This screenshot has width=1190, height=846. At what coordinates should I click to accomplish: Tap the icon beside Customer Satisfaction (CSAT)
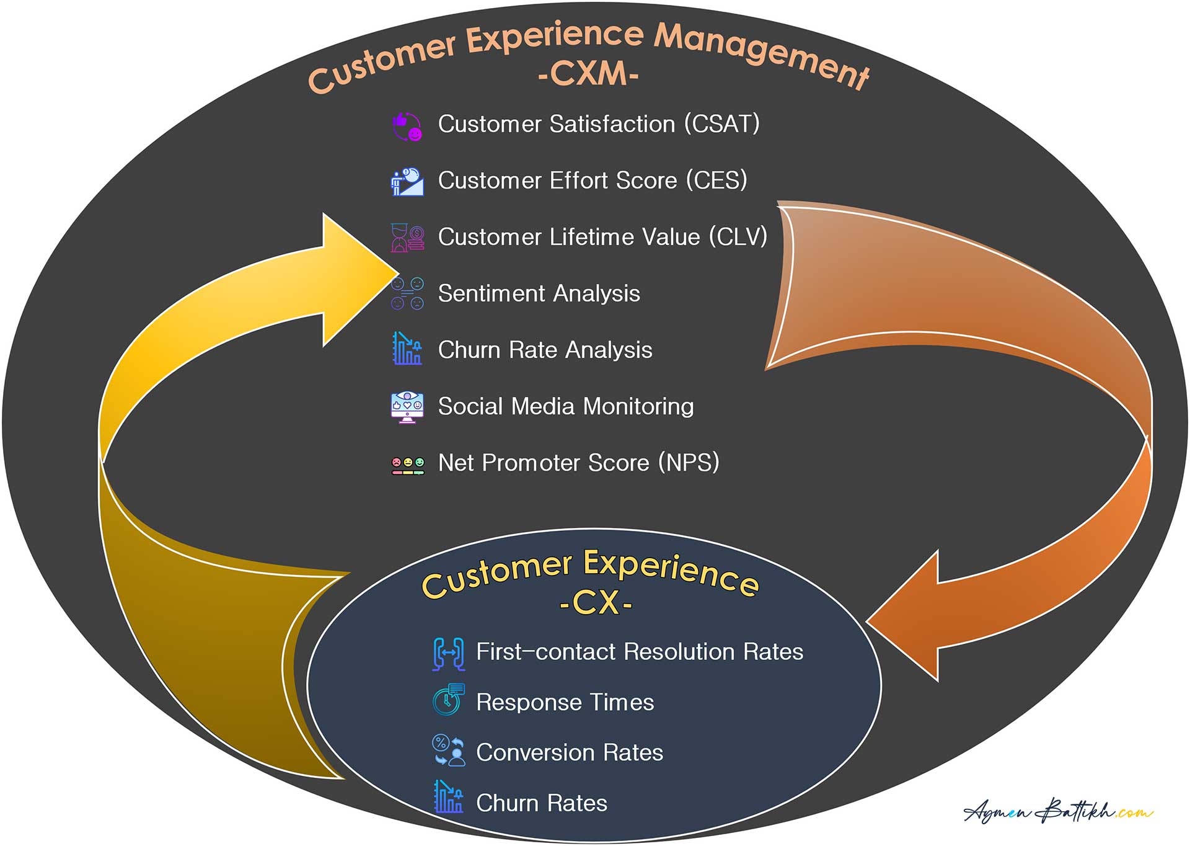point(407,126)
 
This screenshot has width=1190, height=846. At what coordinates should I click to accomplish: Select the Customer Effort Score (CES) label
point(593,180)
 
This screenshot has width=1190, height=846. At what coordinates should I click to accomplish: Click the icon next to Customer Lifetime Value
point(407,238)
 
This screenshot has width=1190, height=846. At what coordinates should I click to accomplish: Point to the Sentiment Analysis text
point(539,293)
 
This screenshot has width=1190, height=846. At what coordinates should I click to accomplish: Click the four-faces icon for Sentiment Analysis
point(407,293)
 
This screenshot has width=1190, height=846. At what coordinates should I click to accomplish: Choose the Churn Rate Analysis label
point(545,350)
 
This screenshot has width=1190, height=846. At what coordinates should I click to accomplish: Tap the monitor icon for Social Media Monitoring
point(407,407)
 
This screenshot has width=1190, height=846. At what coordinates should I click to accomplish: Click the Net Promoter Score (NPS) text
point(578,463)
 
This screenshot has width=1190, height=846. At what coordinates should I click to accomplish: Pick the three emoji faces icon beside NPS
point(408,465)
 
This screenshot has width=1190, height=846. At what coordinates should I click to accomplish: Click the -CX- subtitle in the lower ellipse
point(596,602)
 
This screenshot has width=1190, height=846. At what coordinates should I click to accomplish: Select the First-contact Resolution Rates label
point(640,652)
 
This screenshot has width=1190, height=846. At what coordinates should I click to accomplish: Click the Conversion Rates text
point(570,752)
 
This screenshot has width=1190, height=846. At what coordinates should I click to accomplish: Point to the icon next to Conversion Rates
point(448,750)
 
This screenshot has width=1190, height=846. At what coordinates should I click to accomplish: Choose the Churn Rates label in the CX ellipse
point(542,803)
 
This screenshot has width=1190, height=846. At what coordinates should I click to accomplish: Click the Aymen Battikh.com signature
point(1059,809)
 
